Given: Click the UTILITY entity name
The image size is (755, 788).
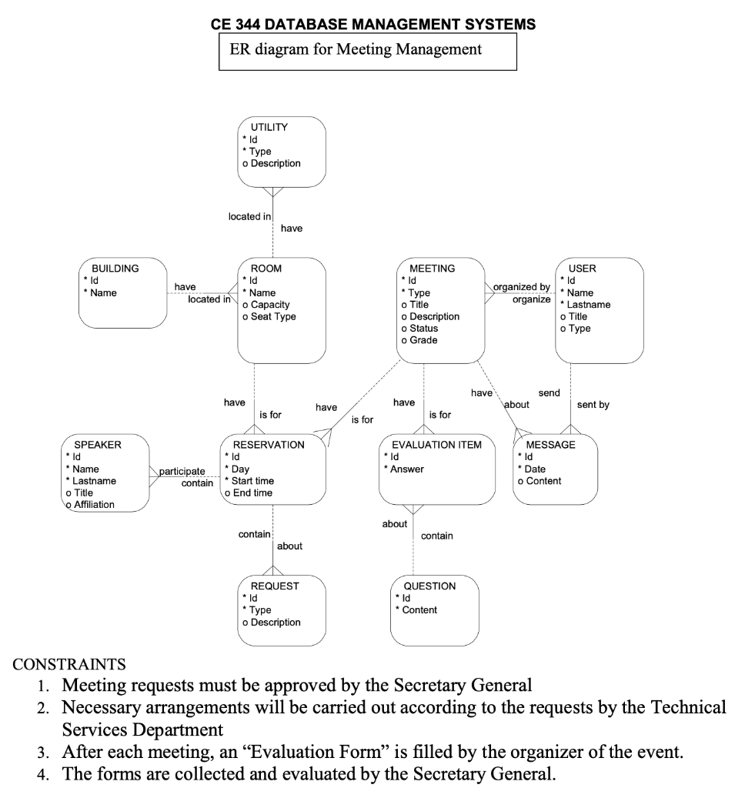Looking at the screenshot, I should click(269, 127).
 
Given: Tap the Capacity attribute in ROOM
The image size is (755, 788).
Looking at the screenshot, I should click(270, 305).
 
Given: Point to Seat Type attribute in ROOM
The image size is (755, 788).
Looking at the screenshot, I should click(273, 316).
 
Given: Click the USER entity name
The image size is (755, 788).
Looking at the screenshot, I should click(582, 269).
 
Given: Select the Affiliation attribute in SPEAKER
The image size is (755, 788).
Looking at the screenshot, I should click(93, 505).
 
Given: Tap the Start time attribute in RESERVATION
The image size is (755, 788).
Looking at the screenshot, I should click(252, 481).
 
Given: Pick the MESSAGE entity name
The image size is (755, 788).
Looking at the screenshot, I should click(550, 445).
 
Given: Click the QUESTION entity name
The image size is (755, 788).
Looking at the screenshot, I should click(429, 586).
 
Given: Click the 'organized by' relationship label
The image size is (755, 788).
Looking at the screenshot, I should click(521, 287).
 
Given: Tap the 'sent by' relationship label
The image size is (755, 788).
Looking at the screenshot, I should click(593, 405).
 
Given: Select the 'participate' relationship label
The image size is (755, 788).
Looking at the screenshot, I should click(182, 471).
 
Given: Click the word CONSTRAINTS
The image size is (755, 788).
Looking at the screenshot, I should click(70, 663).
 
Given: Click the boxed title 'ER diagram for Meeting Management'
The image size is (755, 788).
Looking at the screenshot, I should click(356, 50).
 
